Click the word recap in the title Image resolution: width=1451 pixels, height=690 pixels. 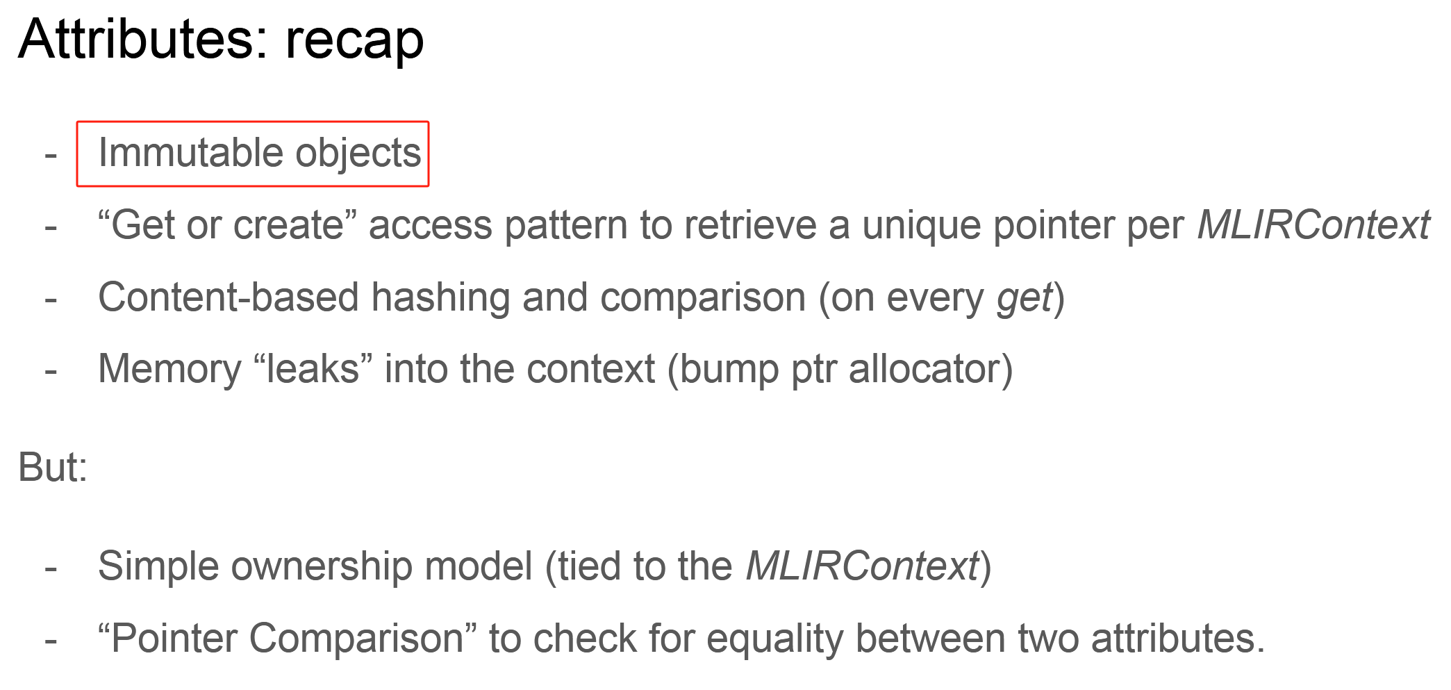pyautogui.click(x=354, y=40)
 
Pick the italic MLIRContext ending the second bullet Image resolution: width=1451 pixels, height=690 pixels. pyautogui.click(x=1313, y=226)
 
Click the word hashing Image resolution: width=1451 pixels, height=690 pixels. pyautogui.click(x=440, y=298)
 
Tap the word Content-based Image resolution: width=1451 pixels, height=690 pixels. pyautogui.click(x=229, y=298)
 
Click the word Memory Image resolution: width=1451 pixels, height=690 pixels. pyautogui.click(x=169, y=370)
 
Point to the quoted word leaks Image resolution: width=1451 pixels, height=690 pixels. pyautogui.click(x=313, y=370)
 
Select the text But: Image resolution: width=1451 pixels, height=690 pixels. pyautogui.click(x=53, y=468)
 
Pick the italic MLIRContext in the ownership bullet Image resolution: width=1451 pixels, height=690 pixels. pyautogui.click(x=862, y=567)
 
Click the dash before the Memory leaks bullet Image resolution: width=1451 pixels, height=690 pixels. pyautogui.click(x=51, y=371)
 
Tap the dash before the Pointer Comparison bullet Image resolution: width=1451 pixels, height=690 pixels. pyautogui.click(x=51, y=640)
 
